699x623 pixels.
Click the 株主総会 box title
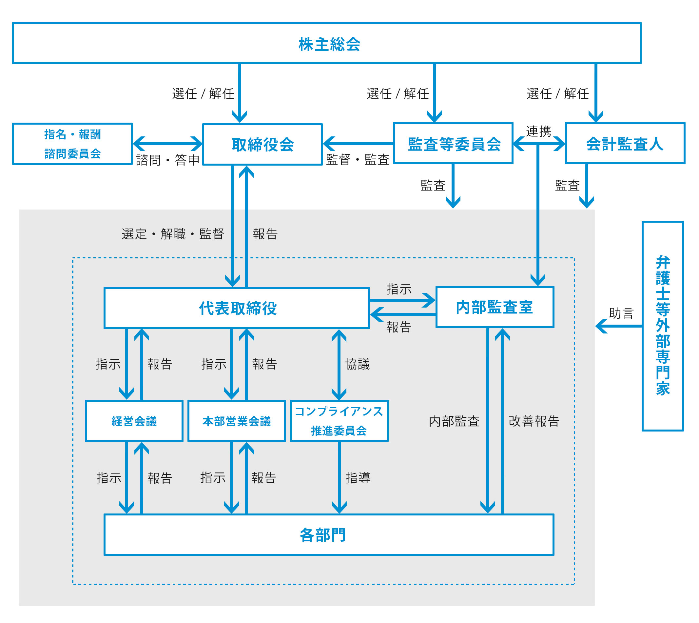[x=329, y=44]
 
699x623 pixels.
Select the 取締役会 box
[x=262, y=145]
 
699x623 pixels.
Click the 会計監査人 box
[x=624, y=143]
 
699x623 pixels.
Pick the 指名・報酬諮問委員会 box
[x=72, y=144]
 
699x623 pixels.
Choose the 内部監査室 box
[x=495, y=307]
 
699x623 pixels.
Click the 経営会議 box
[x=134, y=421]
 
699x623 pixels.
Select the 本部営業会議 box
[x=236, y=421]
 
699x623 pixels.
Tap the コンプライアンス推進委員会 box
[x=339, y=421]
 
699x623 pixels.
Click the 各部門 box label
[x=323, y=535]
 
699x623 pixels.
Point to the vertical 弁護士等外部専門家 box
[x=662, y=326]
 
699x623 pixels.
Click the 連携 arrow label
[x=538, y=131]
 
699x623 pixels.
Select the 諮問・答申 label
[x=167, y=160]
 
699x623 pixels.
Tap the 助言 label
[x=621, y=313]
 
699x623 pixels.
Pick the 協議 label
[x=357, y=364]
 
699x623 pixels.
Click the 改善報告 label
[x=534, y=421]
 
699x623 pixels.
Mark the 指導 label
[x=358, y=478]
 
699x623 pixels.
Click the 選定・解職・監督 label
[x=173, y=234]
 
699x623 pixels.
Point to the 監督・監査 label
[x=358, y=159]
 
